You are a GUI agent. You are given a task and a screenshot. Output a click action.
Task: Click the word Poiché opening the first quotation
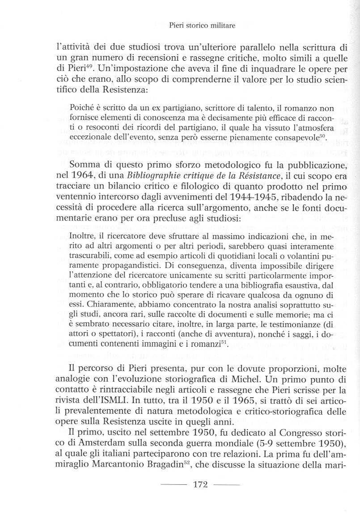pyautogui.click(x=81, y=108)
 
